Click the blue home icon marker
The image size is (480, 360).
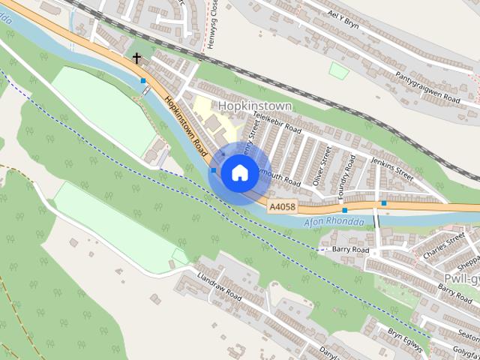tap(238, 172)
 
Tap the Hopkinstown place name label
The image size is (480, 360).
tap(255, 106)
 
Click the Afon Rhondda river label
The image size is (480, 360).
tap(334, 223)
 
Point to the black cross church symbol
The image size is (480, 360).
tap(136, 57)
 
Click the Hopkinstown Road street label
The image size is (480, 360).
tap(186, 123)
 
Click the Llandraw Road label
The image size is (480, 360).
tap(218, 283)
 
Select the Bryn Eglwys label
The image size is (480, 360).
tap(406, 340)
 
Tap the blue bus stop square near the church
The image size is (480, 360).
tap(142, 80)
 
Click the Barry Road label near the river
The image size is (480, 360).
tap(350, 249)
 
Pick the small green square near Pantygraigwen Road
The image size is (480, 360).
tap(339, 70)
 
